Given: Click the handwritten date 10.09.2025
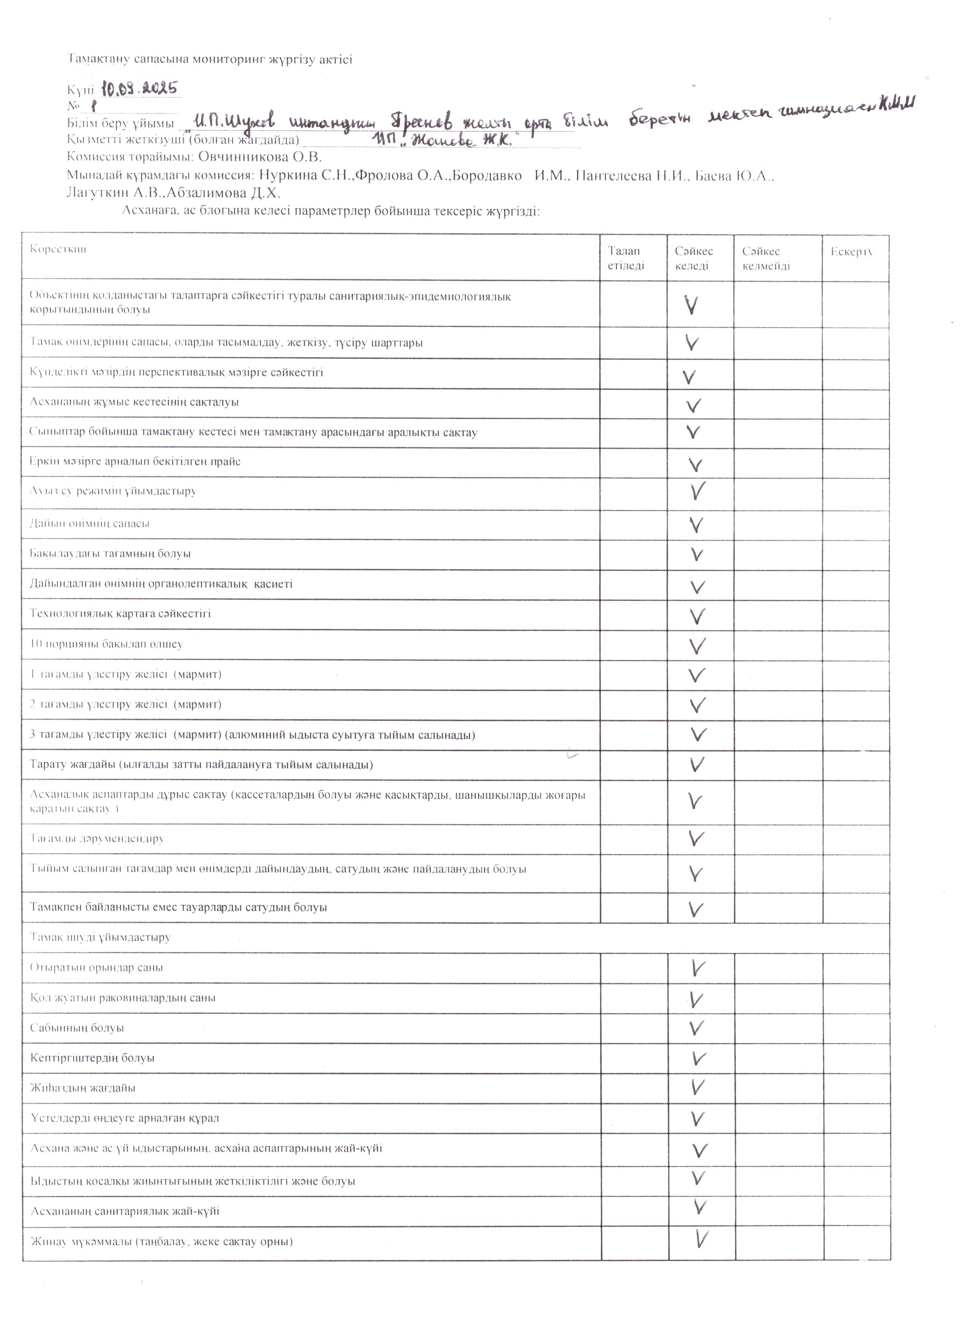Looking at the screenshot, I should [139, 89].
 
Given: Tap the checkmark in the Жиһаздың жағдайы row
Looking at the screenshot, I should [697, 1103].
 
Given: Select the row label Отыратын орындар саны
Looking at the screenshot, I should [96, 968].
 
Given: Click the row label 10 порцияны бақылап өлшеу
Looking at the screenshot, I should [106, 644].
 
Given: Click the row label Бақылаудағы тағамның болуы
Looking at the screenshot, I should [110, 553].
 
